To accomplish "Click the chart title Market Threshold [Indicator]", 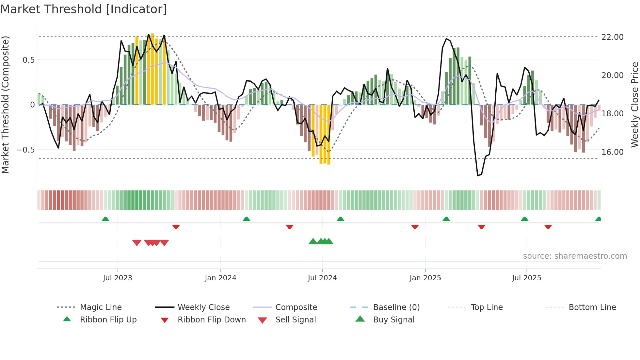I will click(x=84, y=9).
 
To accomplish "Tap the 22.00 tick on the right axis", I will click(x=612, y=37).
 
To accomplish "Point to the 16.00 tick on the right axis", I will click(x=612, y=152).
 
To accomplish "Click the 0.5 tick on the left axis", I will click(x=28, y=60).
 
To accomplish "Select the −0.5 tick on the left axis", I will click(x=25, y=150).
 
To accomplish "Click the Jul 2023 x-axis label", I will click(x=118, y=278).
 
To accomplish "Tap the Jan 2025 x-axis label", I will click(x=425, y=278).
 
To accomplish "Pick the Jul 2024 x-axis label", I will click(x=322, y=278).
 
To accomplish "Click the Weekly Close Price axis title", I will click(x=634, y=105).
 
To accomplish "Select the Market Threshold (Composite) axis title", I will click(x=5, y=105).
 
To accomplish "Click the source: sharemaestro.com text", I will click(x=575, y=256).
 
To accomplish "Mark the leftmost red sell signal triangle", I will click(x=137, y=243).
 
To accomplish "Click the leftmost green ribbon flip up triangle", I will click(x=105, y=219).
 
